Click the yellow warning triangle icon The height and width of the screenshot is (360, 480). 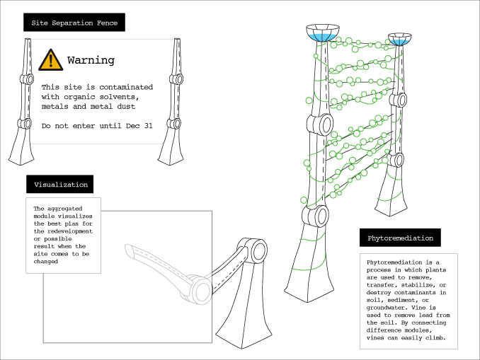(x=51, y=60)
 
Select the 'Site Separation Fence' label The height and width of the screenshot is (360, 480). (x=74, y=23)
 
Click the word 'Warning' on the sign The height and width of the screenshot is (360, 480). (x=91, y=60)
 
